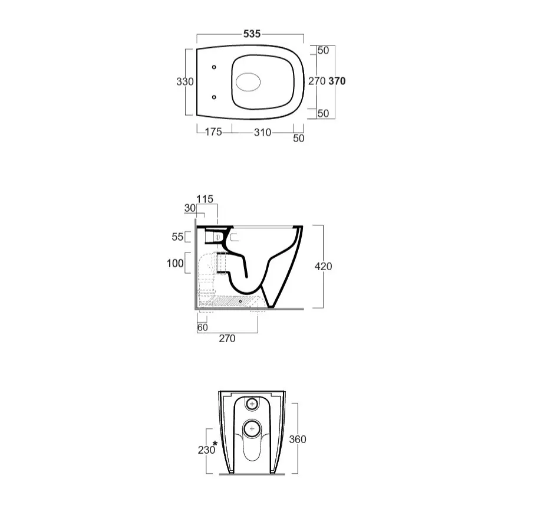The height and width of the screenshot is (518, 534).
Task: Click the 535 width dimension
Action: tap(252, 34)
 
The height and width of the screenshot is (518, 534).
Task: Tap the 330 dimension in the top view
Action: tap(185, 82)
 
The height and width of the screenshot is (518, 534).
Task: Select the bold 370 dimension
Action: tap(337, 81)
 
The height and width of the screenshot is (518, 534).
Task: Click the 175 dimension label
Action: tap(213, 132)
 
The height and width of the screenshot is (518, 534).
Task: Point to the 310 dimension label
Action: tap(262, 132)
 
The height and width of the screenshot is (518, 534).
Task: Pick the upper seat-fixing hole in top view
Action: tap(214, 67)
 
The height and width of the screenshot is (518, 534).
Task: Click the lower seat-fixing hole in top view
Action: tap(214, 97)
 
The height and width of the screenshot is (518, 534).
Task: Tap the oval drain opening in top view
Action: tap(248, 83)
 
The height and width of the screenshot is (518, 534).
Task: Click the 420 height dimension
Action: tap(323, 266)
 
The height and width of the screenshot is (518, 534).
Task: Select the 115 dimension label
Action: tap(205, 199)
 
